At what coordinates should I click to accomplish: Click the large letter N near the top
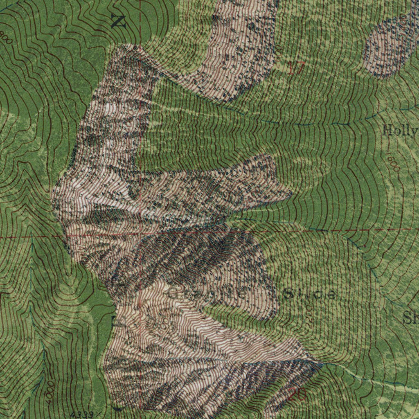coord(119,20)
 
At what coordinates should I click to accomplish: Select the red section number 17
coord(295,68)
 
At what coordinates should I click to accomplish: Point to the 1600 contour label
coord(393,163)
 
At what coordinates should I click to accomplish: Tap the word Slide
coord(310,294)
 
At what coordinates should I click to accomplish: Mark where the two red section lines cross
coord(140,236)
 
